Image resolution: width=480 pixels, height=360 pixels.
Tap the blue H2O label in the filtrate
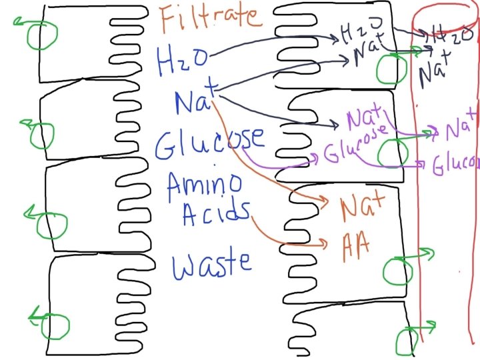pos(175,59)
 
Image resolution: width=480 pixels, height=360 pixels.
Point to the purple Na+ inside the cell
pos(362,119)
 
